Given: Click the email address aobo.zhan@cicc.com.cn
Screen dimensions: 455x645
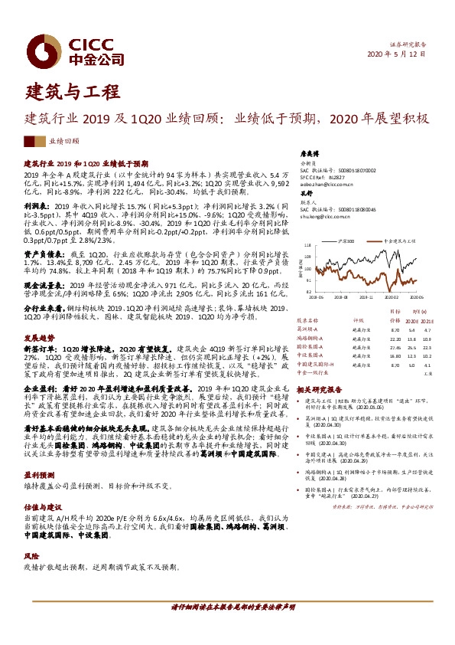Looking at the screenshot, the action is [324, 185].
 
